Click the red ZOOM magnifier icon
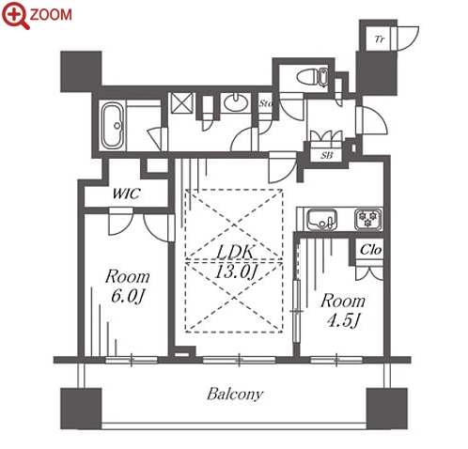pyautogui.click(x=15, y=15)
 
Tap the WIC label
pyautogui.click(x=126, y=194)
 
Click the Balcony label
pyautogui.click(x=235, y=394)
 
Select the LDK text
pyautogui.click(x=235, y=252)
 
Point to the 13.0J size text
pyautogui.click(x=236, y=271)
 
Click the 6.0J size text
pyautogui.click(x=127, y=296)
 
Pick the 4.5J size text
pyautogui.click(x=343, y=320)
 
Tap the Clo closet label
pyautogui.click(x=371, y=250)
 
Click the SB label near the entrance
pyautogui.click(x=327, y=155)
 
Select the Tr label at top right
pyautogui.click(x=380, y=39)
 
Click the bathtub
pyautogui.click(x=112, y=126)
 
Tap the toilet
pyautogui.click(x=312, y=77)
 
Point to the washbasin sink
pyautogui.click(x=236, y=102)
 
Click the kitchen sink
pyautogui.click(x=321, y=219)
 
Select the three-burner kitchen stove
pyautogui.click(x=368, y=219)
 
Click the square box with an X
pyautogui.click(x=183, y=102)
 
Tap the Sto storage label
pyautogui.click(x=266, y=103)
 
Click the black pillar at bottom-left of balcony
pyautogui.click(x=81, y=409)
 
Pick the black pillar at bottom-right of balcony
pyautogui.click(x=387, y=409)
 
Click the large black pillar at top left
pyautogui.click(x=81, y=71)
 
